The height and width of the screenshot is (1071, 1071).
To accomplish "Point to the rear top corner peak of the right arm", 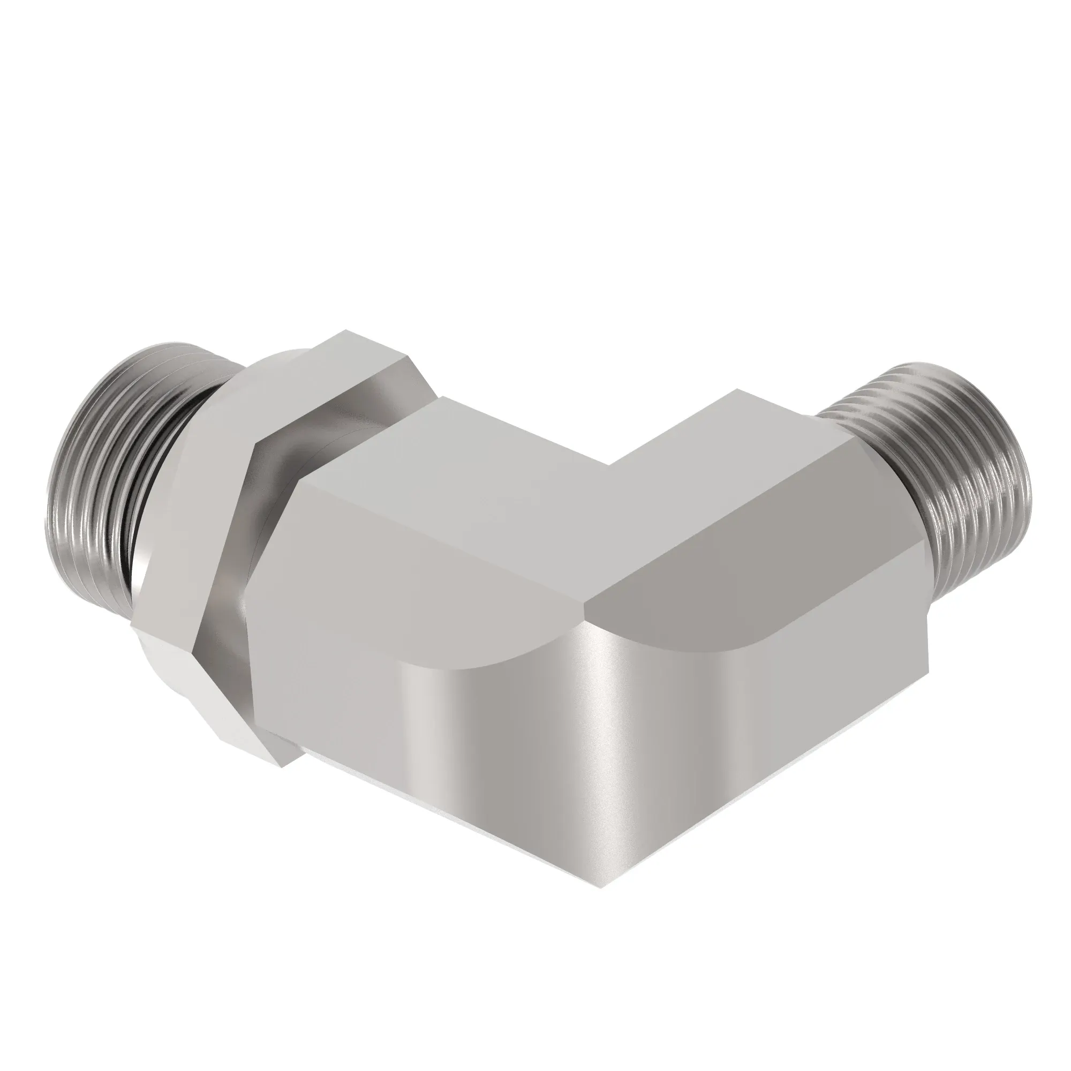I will click(x=737, y=390).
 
